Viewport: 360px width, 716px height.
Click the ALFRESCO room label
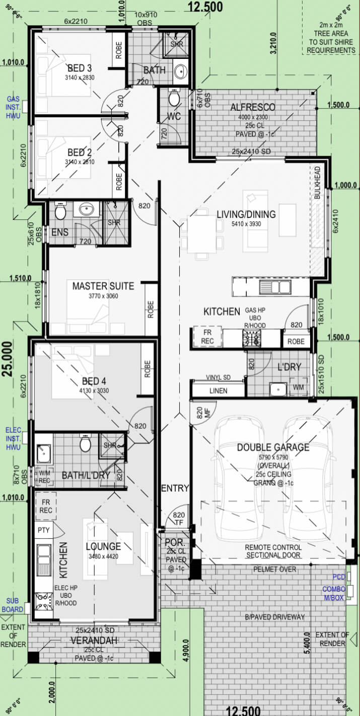click(x=253, y=107)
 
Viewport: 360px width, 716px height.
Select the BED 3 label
click(x=80, y=68)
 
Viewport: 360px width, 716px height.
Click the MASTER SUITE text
click(x=103, y=286)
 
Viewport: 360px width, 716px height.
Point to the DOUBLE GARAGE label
click(x=273, y=447)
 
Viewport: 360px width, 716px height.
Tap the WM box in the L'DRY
click(x=299, y=388)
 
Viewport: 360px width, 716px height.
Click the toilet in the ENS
click(x=60, y=211)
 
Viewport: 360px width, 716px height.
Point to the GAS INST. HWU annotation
click(x=13, y=107)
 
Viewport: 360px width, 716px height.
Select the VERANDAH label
click(x=95, y=640)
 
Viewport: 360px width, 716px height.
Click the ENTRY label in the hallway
click(x=175, y=488)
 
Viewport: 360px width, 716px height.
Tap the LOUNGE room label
click(x=103, y=546)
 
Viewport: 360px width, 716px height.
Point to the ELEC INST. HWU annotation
click(x=13, y=439)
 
